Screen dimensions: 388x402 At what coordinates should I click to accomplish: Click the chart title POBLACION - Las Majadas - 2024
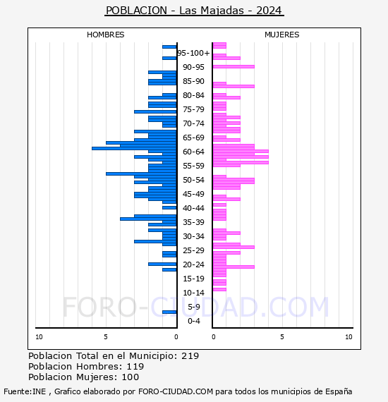coord(194,11)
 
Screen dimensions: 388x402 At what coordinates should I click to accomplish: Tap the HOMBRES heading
coord(105,35)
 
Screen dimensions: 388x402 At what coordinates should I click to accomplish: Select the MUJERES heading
coord(282,35)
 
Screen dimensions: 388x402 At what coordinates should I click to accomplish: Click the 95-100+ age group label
coord(193,53)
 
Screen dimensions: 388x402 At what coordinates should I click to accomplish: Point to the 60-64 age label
coord(193,152)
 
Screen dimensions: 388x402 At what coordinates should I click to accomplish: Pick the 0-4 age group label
coord(193,321)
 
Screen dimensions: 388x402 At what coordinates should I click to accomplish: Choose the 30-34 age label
coord(193,236)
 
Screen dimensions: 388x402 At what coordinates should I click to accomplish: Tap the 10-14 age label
coord(193,293)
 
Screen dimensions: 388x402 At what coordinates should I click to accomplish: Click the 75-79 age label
coord(193,109)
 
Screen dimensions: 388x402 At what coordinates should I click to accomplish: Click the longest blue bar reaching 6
coord(134,148)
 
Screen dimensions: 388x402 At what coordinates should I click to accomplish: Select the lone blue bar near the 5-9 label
coord(169,312)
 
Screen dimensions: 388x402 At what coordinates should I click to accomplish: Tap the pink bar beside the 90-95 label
coord(234,67)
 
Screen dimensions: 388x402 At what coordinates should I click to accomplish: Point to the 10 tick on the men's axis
coord(39,337)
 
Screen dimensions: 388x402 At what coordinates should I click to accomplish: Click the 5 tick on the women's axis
coord(282,337)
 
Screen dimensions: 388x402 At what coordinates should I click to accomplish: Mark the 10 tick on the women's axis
coord(348,337)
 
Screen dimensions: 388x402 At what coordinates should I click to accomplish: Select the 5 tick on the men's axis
coord(106,337)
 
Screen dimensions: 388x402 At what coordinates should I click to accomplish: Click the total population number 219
coord(190,356)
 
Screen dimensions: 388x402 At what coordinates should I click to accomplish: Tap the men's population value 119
coord(135,366)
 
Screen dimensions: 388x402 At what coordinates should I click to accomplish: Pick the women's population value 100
coord(131,377)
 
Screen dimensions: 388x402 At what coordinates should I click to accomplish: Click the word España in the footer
coord(339,391)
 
